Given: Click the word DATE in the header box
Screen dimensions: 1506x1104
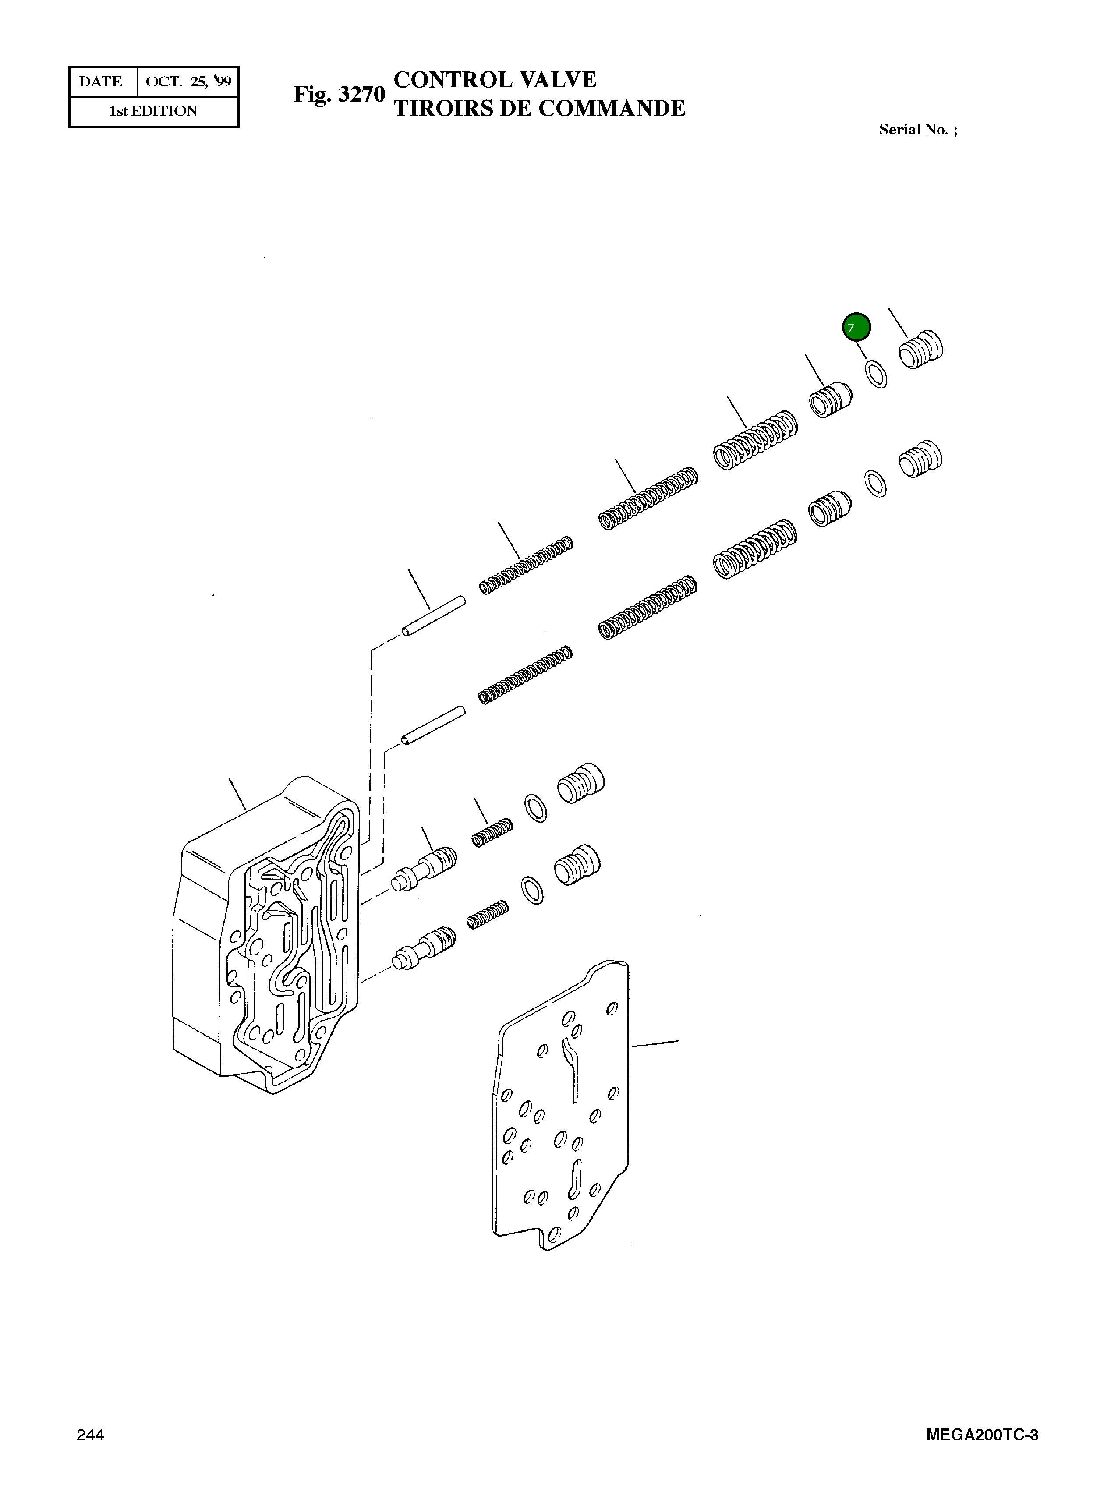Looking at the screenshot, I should [101, 81].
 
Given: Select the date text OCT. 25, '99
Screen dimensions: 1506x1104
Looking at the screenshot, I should [188, 81].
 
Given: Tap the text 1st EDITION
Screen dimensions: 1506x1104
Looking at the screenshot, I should [154, 111].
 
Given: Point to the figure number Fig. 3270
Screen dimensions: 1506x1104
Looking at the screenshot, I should [340, 94].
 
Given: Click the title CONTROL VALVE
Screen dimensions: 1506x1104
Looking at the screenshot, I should [495, 80].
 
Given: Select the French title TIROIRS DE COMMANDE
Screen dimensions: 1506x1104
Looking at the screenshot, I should [539, 108].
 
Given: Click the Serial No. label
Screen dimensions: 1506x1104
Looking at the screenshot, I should [917, 130].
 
